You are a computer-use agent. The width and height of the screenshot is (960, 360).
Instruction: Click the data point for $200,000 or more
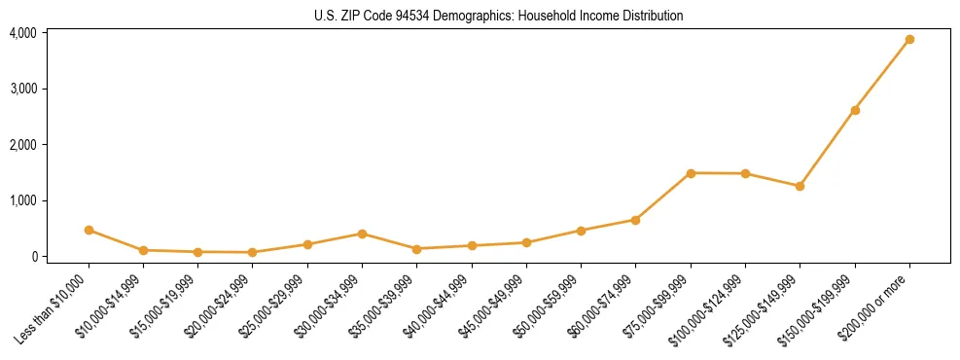tap(909, 40)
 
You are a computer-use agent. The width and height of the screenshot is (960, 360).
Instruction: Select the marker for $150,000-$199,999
tap(855, 110)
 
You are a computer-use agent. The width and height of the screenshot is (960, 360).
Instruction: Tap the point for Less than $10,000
tap(89, 231)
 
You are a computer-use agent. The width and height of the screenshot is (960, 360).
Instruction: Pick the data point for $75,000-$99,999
tap(691, 173)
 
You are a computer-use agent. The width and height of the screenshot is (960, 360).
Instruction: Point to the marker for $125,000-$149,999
tap(800, 186)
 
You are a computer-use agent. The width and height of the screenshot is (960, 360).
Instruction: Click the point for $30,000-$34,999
tap(362, 234)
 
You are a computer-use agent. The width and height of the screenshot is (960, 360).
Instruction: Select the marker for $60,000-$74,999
tap(635, 220)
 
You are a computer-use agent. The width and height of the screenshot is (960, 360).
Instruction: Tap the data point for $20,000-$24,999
tap(253, 252)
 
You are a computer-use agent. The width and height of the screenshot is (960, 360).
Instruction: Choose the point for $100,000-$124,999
tap(745, 173)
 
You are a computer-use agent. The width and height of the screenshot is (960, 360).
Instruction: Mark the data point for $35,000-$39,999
tap(416, 249)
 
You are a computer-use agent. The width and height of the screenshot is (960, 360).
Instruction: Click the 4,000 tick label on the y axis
tap(22, 33)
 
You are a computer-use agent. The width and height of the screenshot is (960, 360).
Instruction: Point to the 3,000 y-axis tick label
tap(22, 89)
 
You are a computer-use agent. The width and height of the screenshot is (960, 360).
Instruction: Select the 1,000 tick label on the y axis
tap(22, 200)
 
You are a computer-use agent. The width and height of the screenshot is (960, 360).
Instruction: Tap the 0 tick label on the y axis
tap(33, 257)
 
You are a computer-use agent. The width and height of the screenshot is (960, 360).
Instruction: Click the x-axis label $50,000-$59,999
tap(551, 306)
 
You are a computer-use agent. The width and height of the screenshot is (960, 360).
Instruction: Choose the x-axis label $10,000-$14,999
tap(113, 306)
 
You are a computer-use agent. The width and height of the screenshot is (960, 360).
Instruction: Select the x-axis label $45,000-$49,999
tap(496, 306)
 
